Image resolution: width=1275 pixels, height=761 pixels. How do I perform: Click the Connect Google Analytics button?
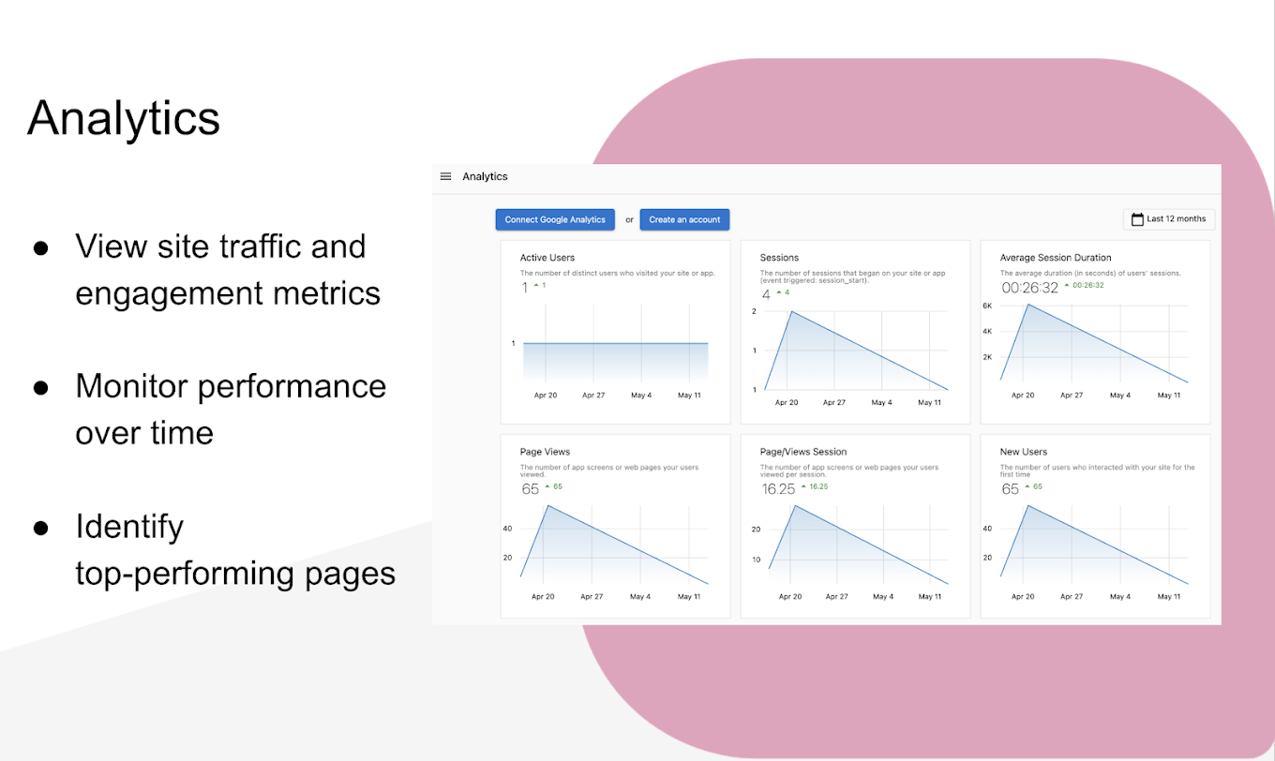pyautogui.click(x=555, y=219)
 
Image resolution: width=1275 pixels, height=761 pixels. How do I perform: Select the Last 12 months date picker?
pyautogui.click(x=1168, y=219)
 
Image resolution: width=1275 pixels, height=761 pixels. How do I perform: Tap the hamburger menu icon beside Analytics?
pyautogui.click(x=446, y=176)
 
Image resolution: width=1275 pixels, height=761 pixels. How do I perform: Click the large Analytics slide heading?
pyautogui.click(x=124, y=119)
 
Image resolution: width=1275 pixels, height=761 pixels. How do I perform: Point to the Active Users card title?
pyautogui.click(x=547, y=258)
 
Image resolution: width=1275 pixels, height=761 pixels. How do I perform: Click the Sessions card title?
pyautogui.click(x=779, y=258)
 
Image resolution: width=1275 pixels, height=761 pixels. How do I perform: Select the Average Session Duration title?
pyautogui.click(x=1056, y=258)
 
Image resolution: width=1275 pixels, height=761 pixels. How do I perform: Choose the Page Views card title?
pyautogui.click(x=545, y=452)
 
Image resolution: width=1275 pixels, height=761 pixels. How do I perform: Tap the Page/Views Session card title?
pyautogui.click(x=803, y=452)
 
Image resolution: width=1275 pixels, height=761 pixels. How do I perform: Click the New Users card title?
pyautogui.click(x=1024, y=452)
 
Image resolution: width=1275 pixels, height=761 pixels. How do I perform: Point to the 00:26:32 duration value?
pyautogui.click(x=1029, y=288)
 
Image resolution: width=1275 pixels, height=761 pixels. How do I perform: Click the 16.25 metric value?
pyautogui.click(x=778, y=489)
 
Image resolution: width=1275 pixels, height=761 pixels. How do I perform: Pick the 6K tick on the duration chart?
pyautogui.click(x=987, y=306)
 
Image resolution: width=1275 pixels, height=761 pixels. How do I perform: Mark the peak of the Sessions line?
pyautogui.click(x=790, y=311)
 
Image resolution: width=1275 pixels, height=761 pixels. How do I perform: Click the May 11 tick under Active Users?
pyautogui.click(x=689, y=395)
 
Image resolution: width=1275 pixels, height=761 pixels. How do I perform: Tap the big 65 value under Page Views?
pyautogui.click(x=531, y=489)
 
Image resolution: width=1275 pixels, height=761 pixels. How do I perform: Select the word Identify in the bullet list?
pyautogui.click(x=129, y=527)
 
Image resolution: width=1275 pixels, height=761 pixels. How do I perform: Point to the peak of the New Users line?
pyautogui.click(x=1029, y=506)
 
